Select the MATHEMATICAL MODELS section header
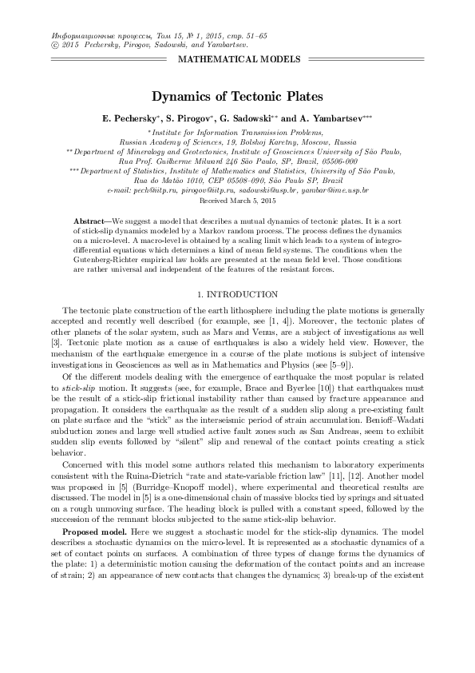238,60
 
